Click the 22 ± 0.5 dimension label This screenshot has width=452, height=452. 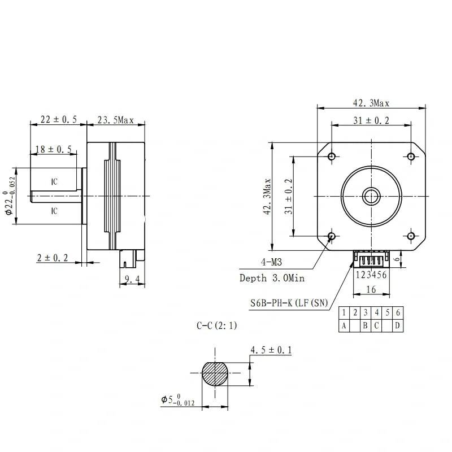click(58, 120)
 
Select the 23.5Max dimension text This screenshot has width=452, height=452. click(115, 120)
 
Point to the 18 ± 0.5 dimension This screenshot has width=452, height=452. click(53, 149)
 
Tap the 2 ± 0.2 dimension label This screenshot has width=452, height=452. click(53, 258)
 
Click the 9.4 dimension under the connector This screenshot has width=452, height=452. click(132, 279)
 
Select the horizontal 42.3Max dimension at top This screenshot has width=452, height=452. click(371, 103)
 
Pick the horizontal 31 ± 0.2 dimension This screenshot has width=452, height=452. click(371, 120)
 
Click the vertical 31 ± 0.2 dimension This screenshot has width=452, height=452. click(288, 196)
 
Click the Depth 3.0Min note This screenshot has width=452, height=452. click(272, 278)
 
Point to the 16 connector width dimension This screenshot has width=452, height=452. click(371, 289)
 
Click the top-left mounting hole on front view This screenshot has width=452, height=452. click(332, 156)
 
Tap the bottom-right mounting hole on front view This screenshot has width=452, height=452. click(411, 236)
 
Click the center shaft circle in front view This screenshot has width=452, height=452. click(371, 196)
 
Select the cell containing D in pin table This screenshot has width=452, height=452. click(398, 325)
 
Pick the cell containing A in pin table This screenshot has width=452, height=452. click(344, 325)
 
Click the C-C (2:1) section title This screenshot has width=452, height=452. click(217, 325)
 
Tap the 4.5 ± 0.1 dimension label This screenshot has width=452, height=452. click(271, 351)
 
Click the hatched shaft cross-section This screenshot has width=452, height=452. click(216, 373)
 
